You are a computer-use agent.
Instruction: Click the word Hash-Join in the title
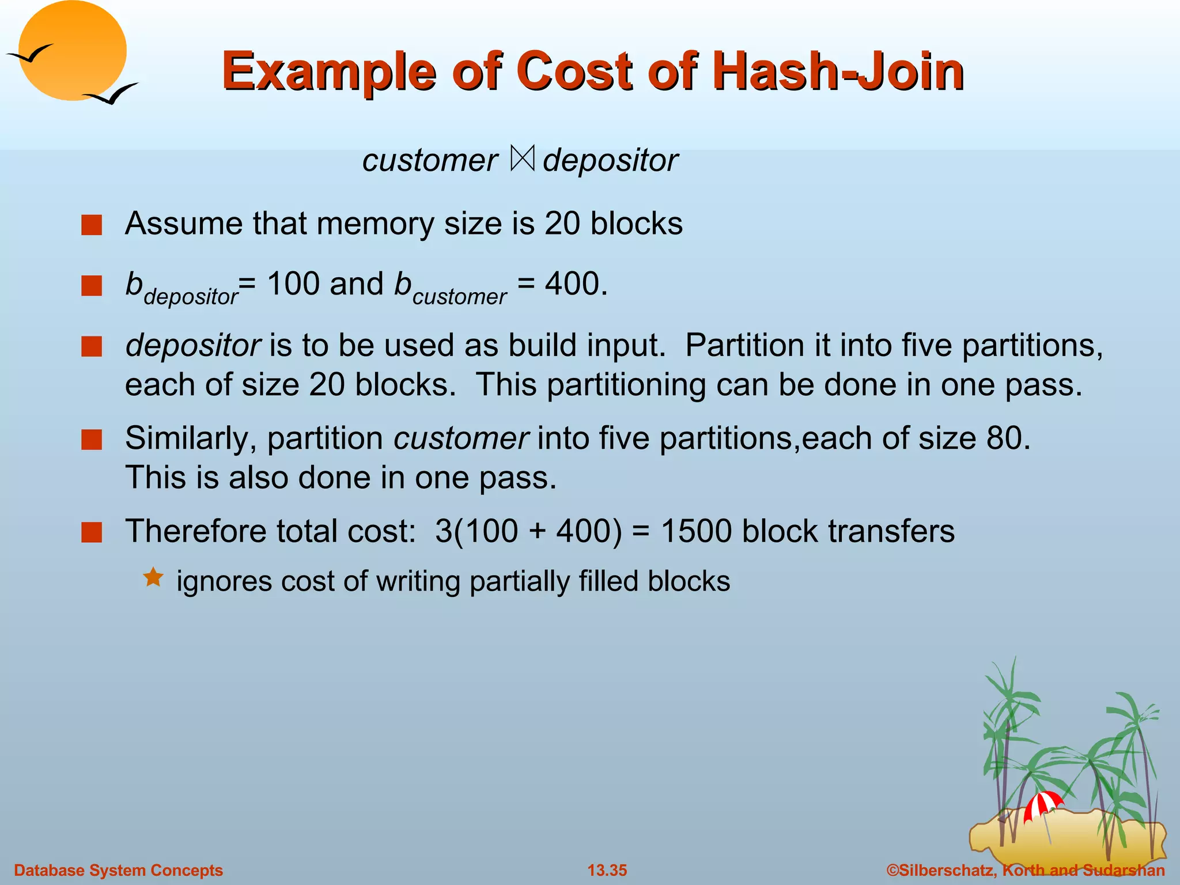838,71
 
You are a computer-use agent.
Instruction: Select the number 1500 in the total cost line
697,531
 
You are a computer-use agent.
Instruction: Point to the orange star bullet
153,577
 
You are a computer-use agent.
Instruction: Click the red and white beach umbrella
1042,804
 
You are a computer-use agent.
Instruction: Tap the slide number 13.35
607,870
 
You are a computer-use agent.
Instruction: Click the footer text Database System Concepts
118,870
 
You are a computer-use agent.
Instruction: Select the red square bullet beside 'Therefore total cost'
92,532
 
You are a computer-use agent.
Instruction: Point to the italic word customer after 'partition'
461,438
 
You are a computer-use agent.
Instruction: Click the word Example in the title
329,71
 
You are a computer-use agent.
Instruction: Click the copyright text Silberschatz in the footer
945,870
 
